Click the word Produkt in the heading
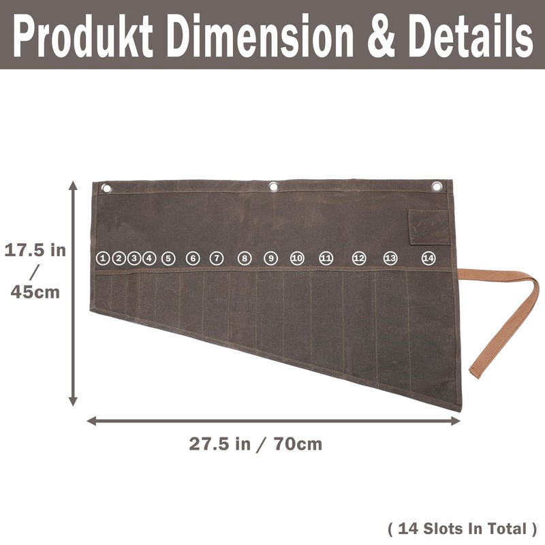(x=83, y=35)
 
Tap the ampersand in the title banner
(x=381, y=35)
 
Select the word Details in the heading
(x=470, y=35)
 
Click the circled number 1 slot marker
(x=103, y=258)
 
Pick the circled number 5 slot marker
(x=168, y=259)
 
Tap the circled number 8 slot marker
(x=245, y=258)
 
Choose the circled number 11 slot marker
(x=326, y=258)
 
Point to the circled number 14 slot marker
(x=429, y=258)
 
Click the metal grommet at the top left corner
(x=106, y=189)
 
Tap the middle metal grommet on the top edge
(x=274, y=187)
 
